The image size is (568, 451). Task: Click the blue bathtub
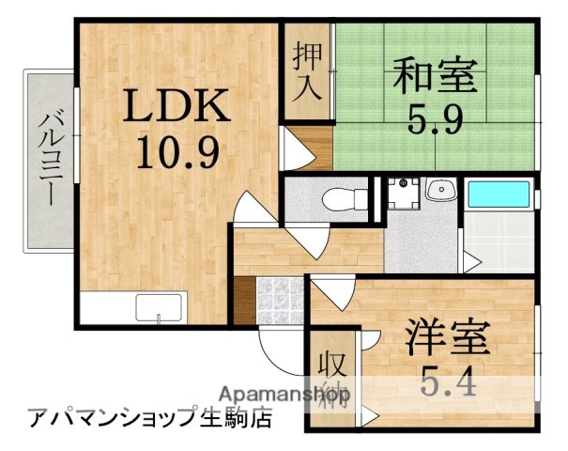click(x=499, y=194)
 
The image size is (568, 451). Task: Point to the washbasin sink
click(x=438, y=193)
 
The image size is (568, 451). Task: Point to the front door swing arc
click(x=280, y=352)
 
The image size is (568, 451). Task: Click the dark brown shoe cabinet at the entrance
click(x=243, y=301)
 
